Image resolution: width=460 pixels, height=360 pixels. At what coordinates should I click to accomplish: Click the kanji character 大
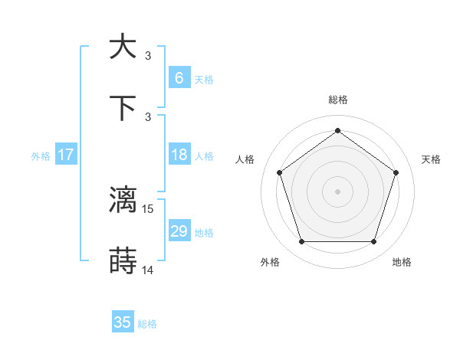pyautogui.click(x=123, y=46)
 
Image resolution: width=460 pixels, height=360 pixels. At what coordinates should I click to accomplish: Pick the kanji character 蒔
pyautogui.click(x=123, y=261)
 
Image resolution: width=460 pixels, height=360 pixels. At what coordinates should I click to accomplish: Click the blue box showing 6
pyautogui.click(x=179, y=78)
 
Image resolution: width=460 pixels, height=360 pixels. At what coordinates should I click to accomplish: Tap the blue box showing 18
pyautogui.click(x=179, y=155)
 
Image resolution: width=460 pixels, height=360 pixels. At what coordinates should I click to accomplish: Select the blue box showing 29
pyautogui.click(x=179, y=231)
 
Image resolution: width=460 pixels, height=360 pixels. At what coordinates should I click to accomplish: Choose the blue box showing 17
pyautogui.click(x=66, y=155)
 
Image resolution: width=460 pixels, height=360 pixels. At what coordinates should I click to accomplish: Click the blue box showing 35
pyautogui.click(x=123, y=322)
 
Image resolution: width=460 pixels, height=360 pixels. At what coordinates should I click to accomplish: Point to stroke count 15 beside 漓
pyautogui.click(x=149, y=208)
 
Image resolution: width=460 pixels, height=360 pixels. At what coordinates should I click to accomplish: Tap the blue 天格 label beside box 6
pyautogui.click(x=204, y=79)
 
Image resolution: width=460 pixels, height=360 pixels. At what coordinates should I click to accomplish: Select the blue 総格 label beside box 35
pyautogui.click(x=147, y=323)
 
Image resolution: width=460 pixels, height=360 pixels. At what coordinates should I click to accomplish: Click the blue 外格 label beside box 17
pyautogui.click(x=41, y=155)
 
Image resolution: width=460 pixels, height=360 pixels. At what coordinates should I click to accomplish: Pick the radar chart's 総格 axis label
pyautogui.click(x=337, y=100)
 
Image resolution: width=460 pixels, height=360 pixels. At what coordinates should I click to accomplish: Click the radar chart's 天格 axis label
pyautogui.click(x=432, y=159)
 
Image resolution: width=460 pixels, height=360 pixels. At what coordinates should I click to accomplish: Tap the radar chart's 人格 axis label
pyautogui.click(x=245, y=159)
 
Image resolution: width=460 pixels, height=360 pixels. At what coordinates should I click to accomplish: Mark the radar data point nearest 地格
pyautogui.click(x=373, y=242)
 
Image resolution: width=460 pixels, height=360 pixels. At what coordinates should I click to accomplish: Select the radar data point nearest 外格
pyautogui.click(x=301, y=242)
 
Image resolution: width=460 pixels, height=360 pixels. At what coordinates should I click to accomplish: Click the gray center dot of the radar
pyautogui.click(x=337, y=191)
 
